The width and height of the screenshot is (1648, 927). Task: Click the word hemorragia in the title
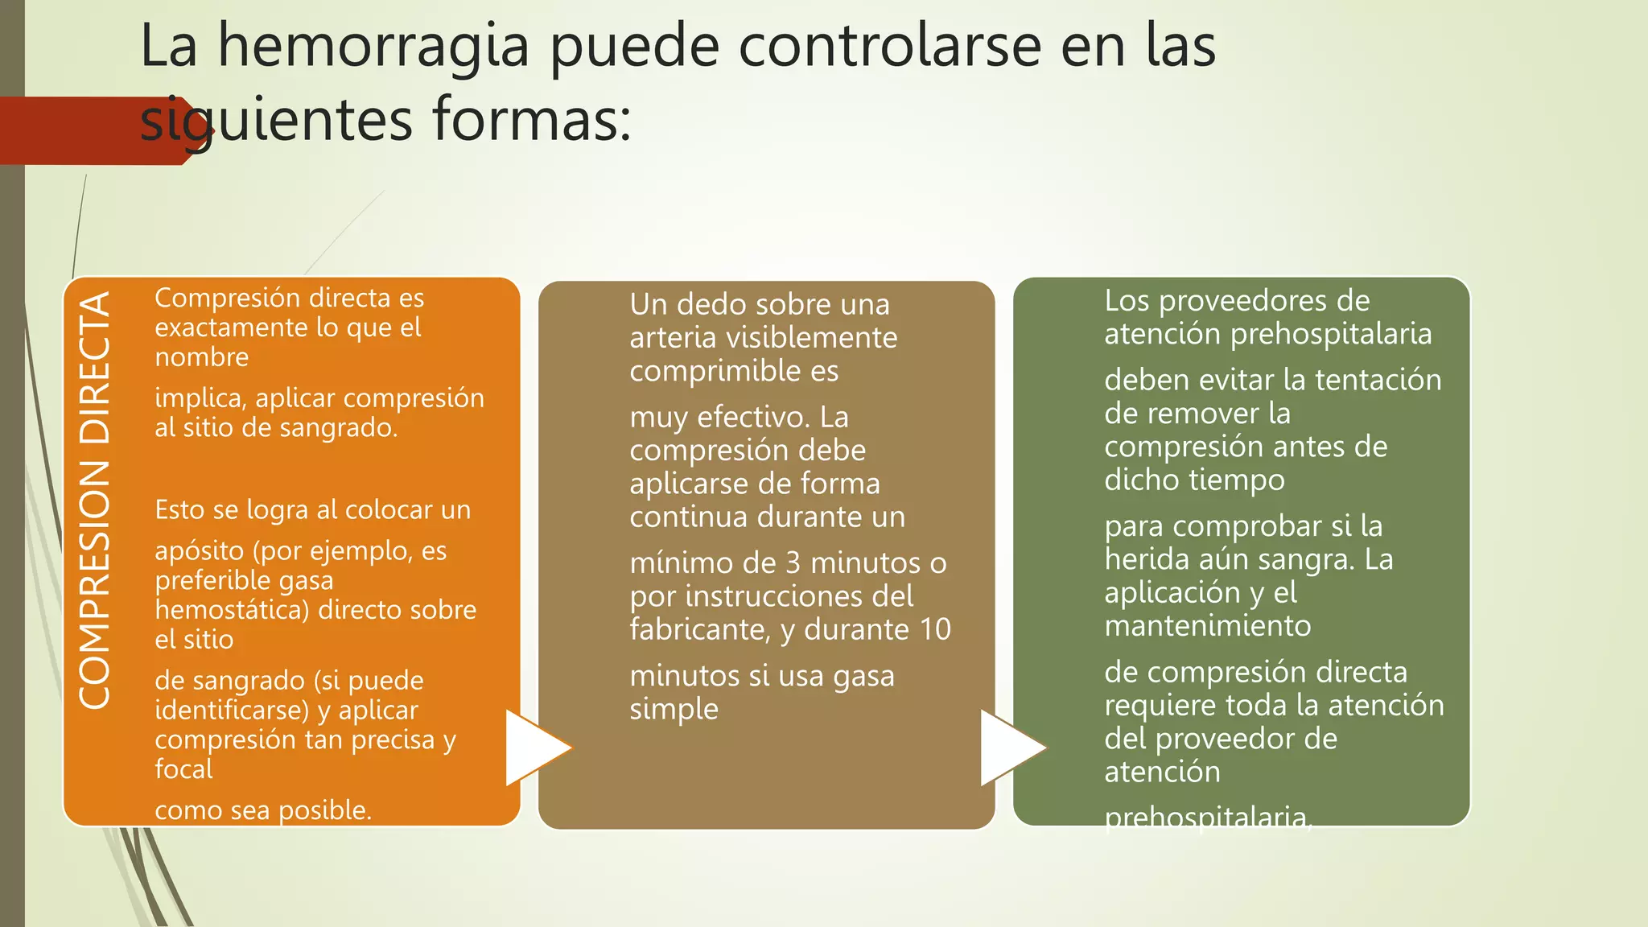(x=374, y=47)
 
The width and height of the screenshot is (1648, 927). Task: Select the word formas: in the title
(x=531, y=119)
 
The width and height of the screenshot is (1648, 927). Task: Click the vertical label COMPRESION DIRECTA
(x=95, y=500)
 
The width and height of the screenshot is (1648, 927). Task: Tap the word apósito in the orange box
(x=199, y=552)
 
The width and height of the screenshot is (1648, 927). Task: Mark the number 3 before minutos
(x=793, y=563)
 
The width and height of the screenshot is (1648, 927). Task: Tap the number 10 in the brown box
(x=935, y=629)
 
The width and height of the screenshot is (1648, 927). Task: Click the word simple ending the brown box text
(x=674, y=710)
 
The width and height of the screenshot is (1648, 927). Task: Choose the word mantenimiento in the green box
(x=1207, y=626)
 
